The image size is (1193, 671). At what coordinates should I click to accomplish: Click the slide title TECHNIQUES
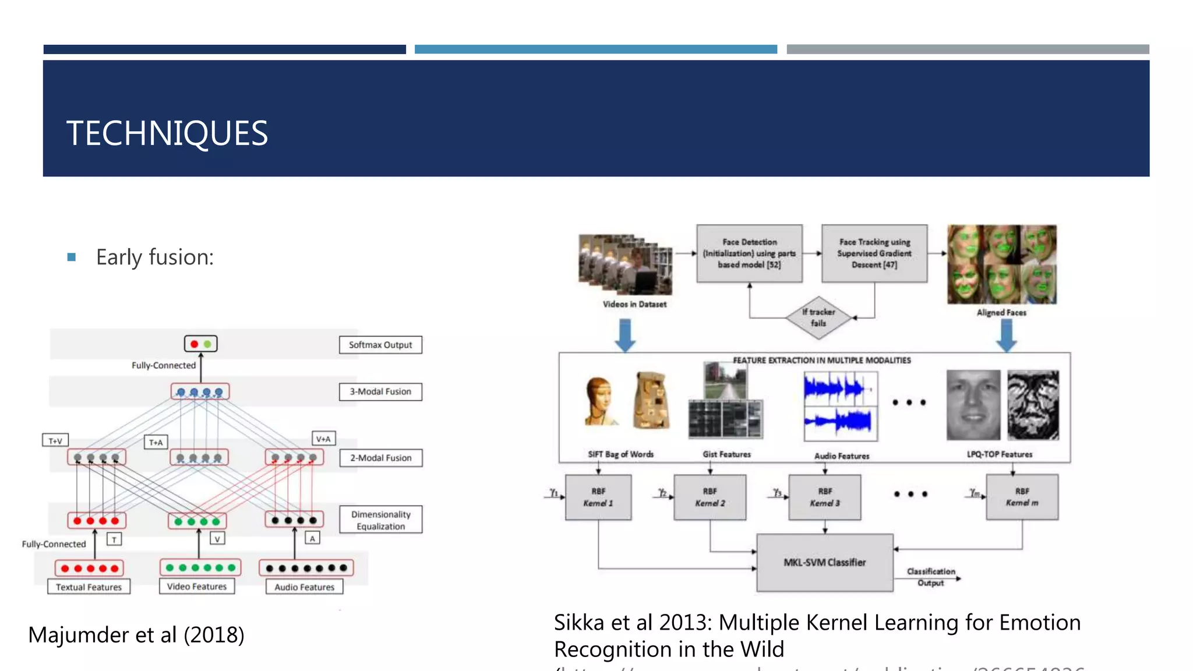click(167, 133)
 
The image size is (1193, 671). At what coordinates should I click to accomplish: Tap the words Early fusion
click(154, 257)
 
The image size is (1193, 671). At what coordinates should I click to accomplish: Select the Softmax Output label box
click(380, 345)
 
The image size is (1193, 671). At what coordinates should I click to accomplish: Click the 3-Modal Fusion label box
click(380, 391)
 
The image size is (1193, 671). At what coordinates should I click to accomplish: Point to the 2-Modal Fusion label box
click(380, 458)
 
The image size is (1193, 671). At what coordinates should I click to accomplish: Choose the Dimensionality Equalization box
click(380, 520)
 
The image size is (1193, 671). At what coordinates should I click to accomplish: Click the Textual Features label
click(89, 587)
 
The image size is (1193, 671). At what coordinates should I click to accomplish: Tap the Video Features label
click(197, 586)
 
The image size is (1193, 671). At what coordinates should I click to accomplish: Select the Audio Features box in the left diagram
click(304, 587)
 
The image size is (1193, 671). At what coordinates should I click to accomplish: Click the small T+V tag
click(55, 440)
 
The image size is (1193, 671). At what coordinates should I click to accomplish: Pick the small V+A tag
click(323, 439)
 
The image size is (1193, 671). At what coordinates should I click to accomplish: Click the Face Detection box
click(749, 253)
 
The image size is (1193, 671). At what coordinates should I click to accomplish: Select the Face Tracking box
click(874, 253)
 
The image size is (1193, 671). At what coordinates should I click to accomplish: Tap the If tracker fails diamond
click(818, 317)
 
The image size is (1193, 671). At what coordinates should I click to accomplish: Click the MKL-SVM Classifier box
click(824, 562)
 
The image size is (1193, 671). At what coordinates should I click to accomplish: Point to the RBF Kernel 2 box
click(710, 497)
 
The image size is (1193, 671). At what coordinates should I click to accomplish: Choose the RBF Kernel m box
click(1022, 497)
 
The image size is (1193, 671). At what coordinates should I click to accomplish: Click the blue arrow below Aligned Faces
click(1006, 336)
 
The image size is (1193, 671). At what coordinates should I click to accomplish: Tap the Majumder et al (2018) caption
click(136, 634)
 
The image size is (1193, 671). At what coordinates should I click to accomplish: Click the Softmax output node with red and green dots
click(201, 344)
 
